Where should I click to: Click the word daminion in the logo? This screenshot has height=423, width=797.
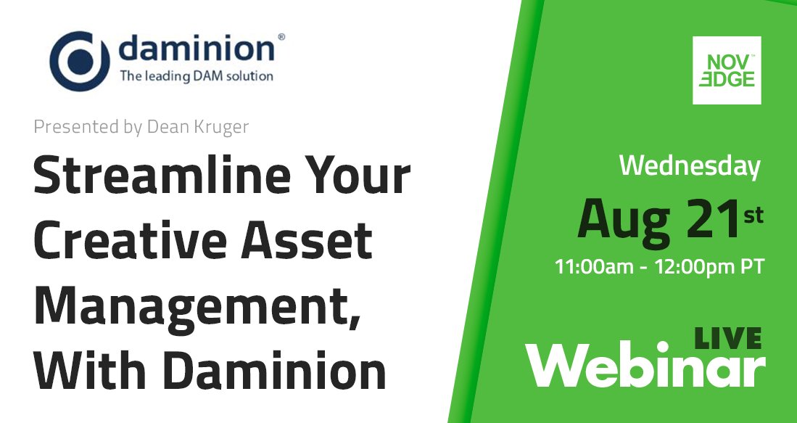pyautogui.click(x=196, y=49)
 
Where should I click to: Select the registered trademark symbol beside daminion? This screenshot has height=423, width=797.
pyautogui.click(x=281, y=35)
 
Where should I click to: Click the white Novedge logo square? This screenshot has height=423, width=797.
pyautogui.click(x=727, y=70)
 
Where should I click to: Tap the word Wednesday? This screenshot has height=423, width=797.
pyautogui.click(x=690, y=167)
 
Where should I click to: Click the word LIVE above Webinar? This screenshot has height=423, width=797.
pyautogui.click(x=727, y=337)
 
